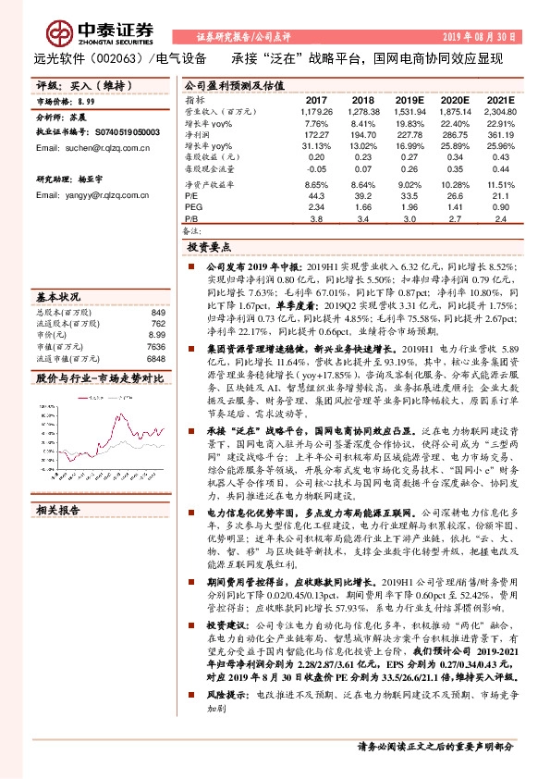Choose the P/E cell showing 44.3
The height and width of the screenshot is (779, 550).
click(316, 196)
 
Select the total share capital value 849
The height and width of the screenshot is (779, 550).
click(157, 313)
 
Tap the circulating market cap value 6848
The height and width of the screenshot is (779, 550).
click(155, 358)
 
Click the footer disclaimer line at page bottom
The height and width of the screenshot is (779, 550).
click(434, 746)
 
